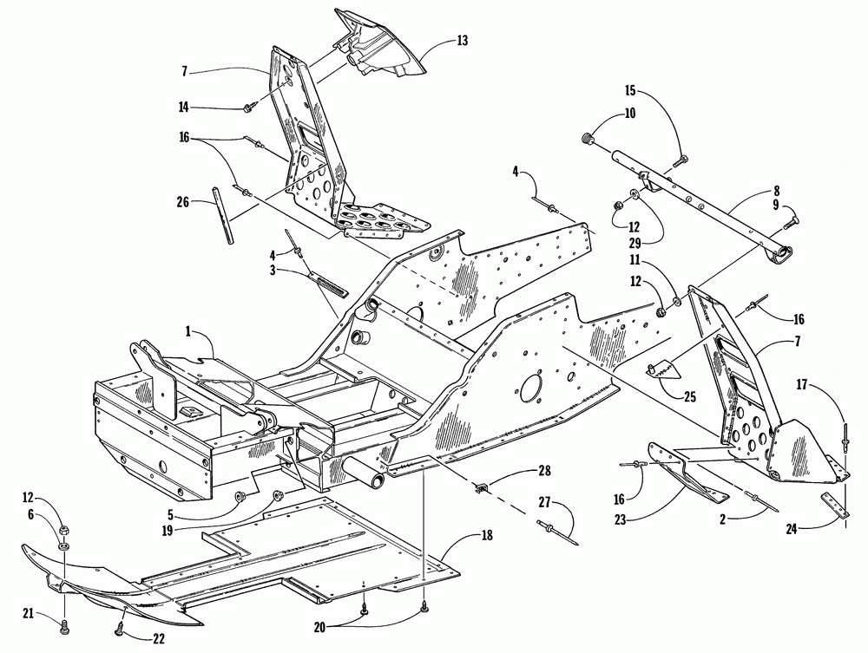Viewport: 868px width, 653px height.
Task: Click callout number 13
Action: (x=463, y=41)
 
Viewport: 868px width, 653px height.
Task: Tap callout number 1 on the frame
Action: (x=188, y=331)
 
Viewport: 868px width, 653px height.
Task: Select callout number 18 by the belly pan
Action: (x=487, y=535)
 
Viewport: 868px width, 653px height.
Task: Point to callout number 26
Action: (x=182, y=202)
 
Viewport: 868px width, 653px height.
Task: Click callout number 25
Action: (x=690, y=397)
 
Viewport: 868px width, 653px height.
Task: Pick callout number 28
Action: (x=545, y=471)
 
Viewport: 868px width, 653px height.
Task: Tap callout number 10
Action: (x=630, y=114)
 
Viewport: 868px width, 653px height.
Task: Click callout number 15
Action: (x=632, y=90)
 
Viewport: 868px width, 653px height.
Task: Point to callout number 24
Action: (x=792, y=529)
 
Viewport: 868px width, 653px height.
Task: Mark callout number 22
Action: (x=159, y=638)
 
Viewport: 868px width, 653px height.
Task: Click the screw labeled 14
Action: (x=247, y=108)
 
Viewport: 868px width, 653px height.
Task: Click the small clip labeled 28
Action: (x=483, y=487)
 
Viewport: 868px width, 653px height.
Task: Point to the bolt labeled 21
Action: (x=64, y=628)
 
